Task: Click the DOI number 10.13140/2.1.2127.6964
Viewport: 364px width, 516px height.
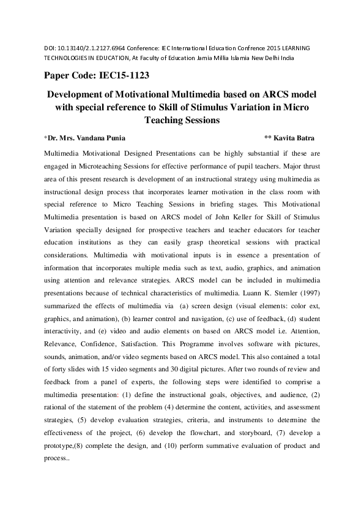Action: pyautogui.click(x=81, y=47)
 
